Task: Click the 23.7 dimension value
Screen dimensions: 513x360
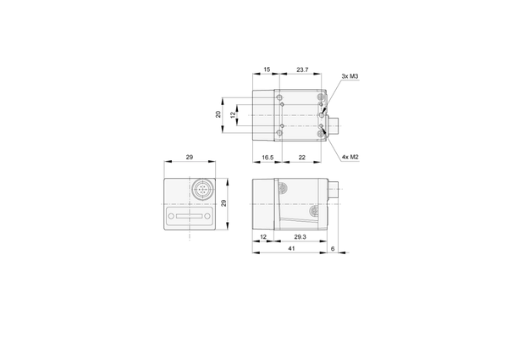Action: click(302, 69)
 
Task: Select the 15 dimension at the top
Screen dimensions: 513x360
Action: click(267, 69)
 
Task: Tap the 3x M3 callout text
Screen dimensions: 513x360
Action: click(350, 76)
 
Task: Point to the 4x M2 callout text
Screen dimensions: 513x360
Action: click(350, 157)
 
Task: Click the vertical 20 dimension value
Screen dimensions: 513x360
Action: click(218, 114)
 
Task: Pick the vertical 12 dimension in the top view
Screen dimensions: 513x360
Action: click(233, 114)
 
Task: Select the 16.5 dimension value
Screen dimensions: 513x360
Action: click(268, 158)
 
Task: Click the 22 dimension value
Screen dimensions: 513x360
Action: click(301, 158)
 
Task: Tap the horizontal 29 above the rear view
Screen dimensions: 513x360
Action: click(190, 157)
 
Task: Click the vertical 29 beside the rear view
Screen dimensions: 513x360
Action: click(223, 203)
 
